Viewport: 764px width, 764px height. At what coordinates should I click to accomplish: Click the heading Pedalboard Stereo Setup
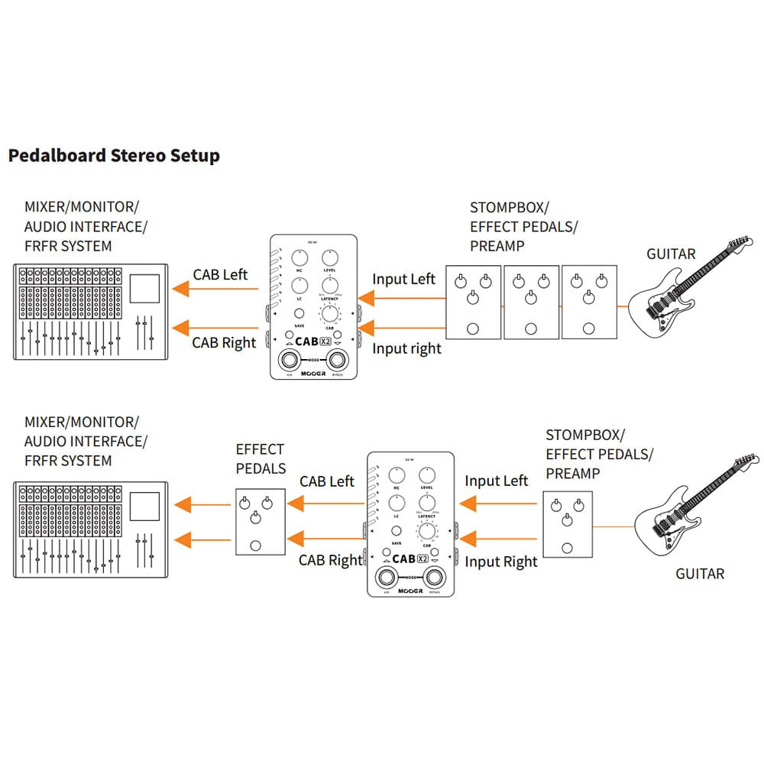click(114, 156)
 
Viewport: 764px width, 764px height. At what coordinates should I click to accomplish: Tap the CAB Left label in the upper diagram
click(220, 274)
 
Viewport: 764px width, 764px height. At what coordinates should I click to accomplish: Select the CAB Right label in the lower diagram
click(330, 560)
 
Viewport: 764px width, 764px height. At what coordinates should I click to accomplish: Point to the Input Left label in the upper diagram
click(403, 279)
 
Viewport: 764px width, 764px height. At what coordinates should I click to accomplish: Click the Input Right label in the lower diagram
click(501, 562)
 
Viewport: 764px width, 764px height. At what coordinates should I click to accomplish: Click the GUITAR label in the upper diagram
click(671, 254)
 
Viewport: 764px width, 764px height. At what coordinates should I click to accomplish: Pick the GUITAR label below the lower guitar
click(700, 573)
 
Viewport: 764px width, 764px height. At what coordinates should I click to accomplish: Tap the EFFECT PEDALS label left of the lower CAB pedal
click(261, 458)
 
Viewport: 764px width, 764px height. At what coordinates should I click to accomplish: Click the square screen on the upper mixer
click(144, 287)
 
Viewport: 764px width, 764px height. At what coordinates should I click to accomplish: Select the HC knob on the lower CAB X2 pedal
click(397, 475)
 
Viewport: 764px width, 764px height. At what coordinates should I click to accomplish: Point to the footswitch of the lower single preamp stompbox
click(566, 548)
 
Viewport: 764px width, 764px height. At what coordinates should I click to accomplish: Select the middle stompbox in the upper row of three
click(531, 302)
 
